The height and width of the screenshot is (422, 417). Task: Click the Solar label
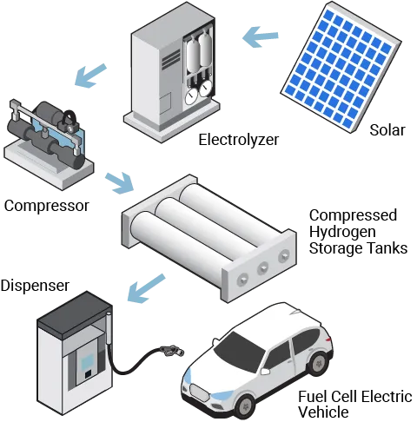(387, 130)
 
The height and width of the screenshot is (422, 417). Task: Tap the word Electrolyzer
(239, 140)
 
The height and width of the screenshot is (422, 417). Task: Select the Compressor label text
(46, 206)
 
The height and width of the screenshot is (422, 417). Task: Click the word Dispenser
(35, 286)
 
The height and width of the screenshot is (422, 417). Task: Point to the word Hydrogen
(342, 233)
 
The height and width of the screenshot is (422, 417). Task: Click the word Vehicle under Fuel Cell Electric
(323, 412)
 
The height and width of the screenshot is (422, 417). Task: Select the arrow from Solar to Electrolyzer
(260, 36)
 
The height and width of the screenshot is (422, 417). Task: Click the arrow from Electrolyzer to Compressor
(90, 76)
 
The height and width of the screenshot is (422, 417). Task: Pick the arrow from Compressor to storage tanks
(119, 183)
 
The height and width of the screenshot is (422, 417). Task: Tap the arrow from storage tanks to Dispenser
(146, 288)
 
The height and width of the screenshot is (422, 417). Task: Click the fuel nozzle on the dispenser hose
(172, 351)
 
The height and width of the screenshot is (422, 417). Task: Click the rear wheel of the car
(319, 364)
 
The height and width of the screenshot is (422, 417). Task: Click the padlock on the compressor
(69, 122)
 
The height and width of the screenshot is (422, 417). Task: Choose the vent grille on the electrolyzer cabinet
(171, 59)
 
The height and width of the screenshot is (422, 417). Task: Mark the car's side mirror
(264, 371)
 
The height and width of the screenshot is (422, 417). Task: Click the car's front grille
(199, 392)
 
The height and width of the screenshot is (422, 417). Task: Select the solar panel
(341, 67)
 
